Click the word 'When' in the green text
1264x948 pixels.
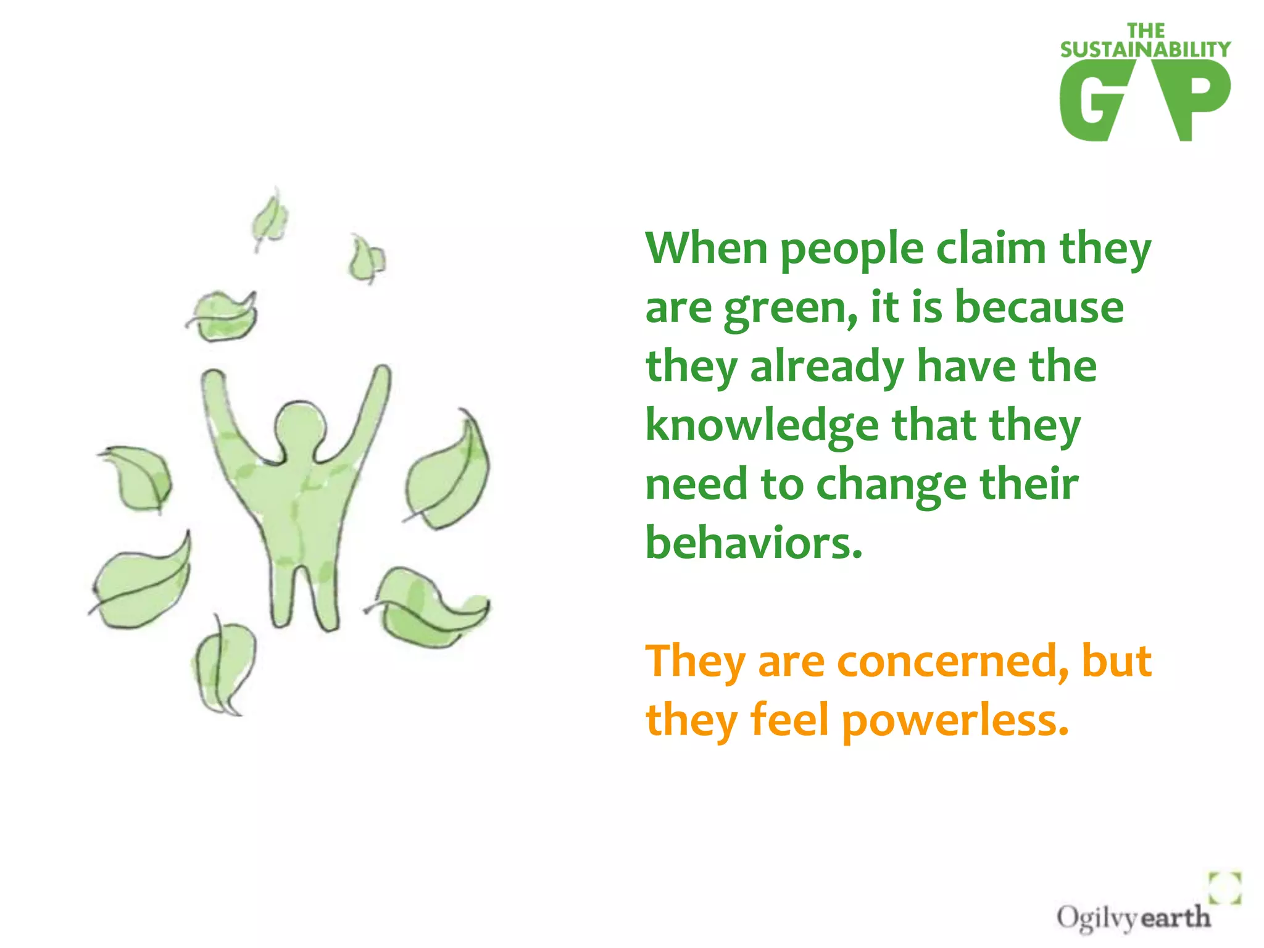click(706, 248)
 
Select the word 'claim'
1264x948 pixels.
click(991, 248)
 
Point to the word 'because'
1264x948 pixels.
click(1039, 307)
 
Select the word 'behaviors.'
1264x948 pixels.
click(754, 543)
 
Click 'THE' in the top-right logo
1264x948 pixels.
click(1145, 31)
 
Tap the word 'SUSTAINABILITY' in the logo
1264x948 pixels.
click(1145, 49)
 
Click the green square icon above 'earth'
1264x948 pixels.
click(1224, 888)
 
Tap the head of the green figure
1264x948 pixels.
click(301, 424)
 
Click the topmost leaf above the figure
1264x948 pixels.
click(270, 219)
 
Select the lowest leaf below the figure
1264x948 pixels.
click(223, 667)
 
